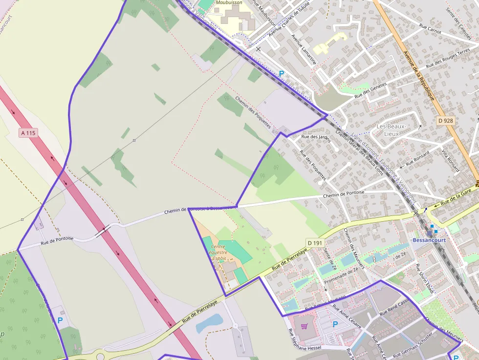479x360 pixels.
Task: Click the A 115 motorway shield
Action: coord(28,132)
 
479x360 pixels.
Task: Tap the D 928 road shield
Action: coord(446,120)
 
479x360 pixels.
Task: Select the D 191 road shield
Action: coord(316,242)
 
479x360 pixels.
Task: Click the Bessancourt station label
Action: coord(430,240)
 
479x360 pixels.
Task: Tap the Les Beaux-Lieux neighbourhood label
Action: coord(392,130)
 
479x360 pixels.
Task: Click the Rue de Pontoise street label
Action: coord(57,240)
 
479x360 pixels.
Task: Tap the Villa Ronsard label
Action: coord(451,161)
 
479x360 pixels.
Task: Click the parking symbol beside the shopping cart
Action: coord(335,324)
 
